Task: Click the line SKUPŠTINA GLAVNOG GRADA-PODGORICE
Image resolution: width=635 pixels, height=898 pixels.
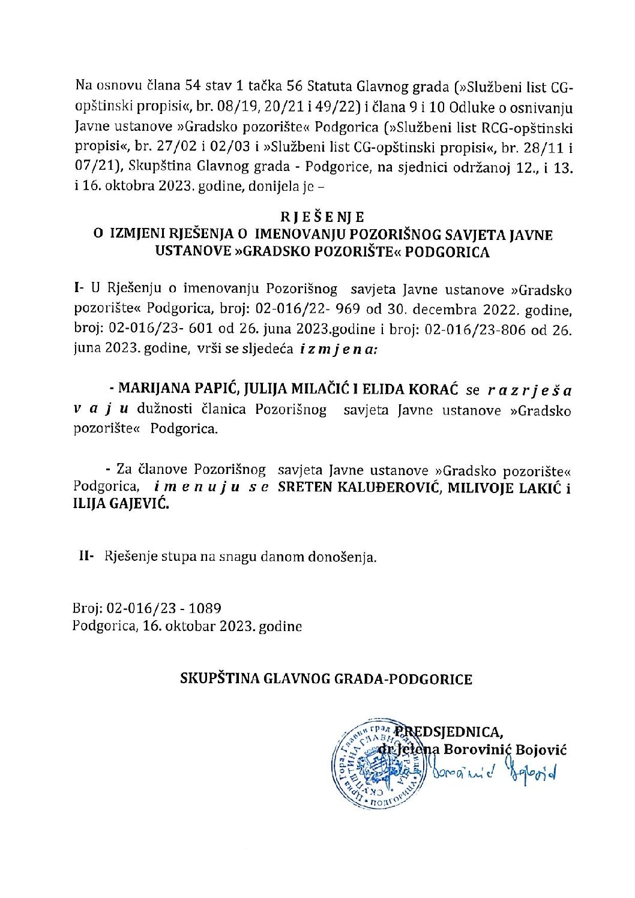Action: [327, 680]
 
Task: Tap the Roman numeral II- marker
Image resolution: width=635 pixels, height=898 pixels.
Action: [87, 556]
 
